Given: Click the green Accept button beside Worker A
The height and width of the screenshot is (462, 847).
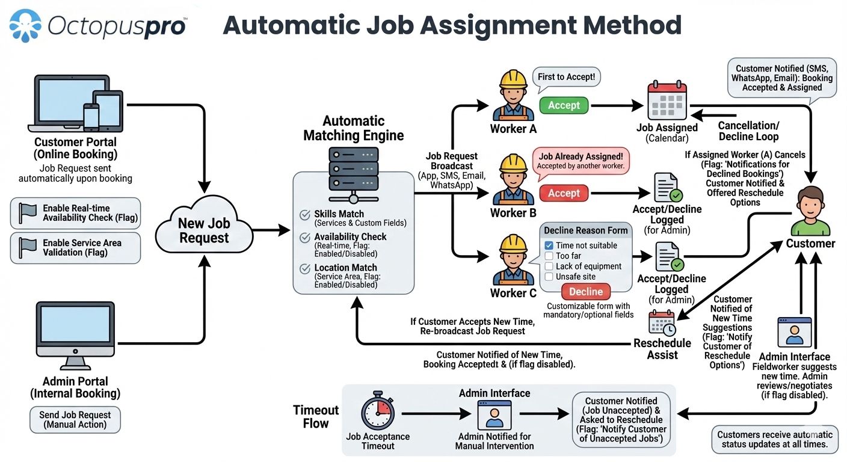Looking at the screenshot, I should [564, 105].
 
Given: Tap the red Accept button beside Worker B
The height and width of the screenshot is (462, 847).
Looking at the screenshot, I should [564, 193].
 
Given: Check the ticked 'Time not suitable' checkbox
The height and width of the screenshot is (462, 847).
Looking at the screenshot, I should [549, 245].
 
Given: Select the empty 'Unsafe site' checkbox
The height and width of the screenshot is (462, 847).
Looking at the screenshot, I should [549, 277].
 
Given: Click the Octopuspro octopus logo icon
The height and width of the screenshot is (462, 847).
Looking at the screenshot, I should [25, 25].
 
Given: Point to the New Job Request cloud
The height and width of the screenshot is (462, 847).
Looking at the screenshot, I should [204, 230].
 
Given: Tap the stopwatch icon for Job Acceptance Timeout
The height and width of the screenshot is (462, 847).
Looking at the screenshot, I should [378, 414].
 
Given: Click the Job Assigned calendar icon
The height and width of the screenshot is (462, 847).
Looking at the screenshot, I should [667, 101].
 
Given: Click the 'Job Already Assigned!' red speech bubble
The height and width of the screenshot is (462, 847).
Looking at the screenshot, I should [580, 161].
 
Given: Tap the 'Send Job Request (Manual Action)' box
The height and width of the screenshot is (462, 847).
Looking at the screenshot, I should [75, 419].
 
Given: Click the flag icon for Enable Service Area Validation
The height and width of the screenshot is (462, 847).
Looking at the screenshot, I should [28, 247].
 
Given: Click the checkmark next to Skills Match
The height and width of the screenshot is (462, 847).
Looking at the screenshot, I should [304, 215].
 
